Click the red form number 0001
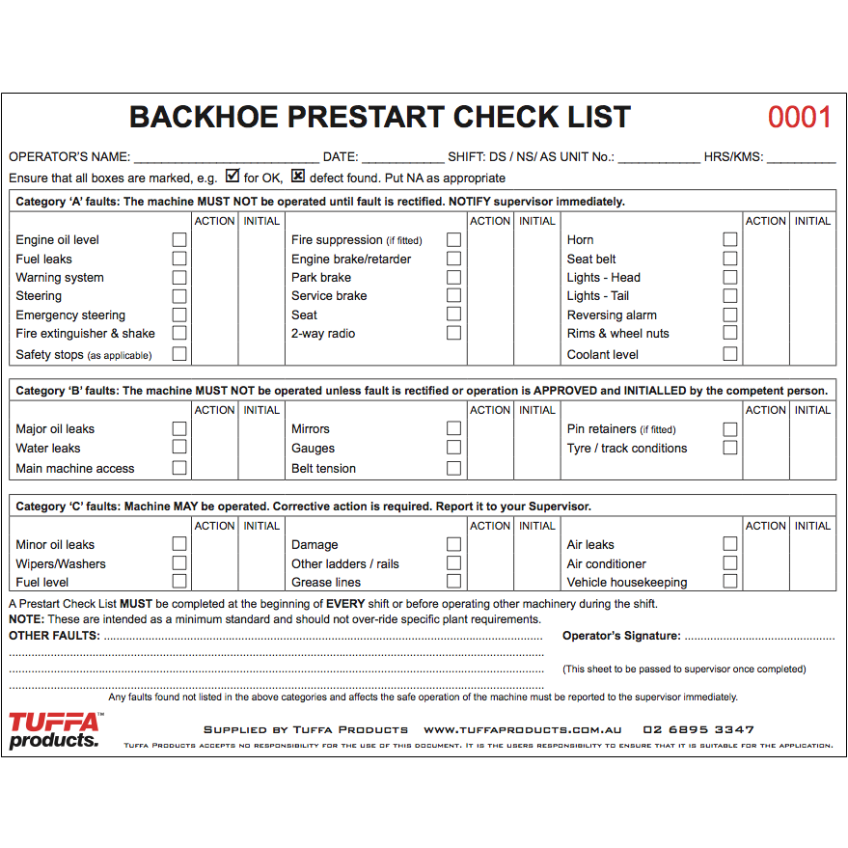799,118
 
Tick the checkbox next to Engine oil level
179,239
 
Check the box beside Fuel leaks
179,259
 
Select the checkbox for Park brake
453,277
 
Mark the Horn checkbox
729,239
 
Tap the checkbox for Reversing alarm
729,315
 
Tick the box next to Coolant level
729,354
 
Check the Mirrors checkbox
453,428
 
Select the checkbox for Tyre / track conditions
729,448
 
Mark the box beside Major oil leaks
179,428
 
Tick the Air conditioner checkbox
729,563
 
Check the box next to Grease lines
453,582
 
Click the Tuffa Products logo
54,729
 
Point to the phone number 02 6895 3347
698,730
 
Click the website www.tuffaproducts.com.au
522,730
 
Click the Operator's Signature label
621,636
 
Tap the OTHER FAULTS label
54,636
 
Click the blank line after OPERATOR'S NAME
226,157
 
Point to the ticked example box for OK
232,177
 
